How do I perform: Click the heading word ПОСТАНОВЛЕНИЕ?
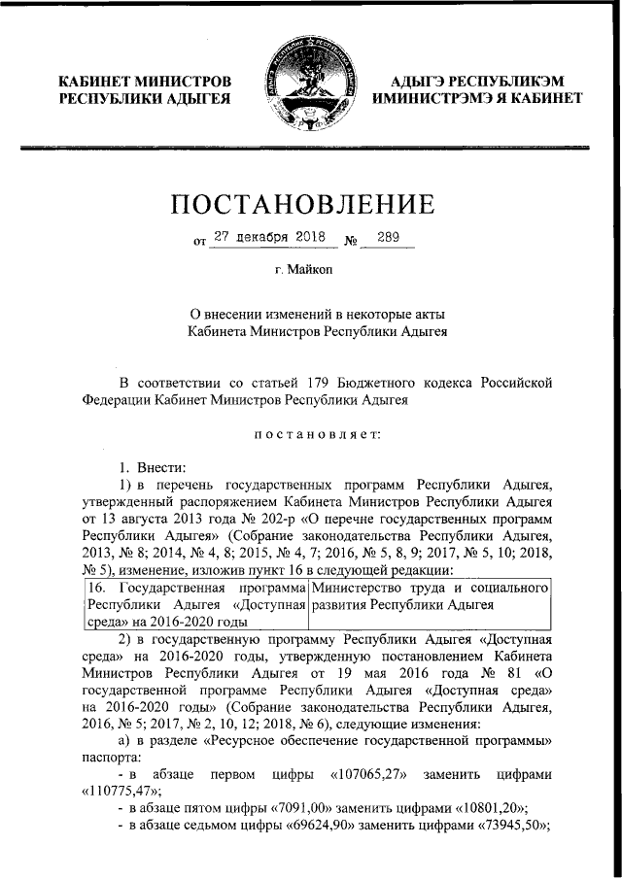tap(310, 205)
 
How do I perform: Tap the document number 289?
tap(389, 236)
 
